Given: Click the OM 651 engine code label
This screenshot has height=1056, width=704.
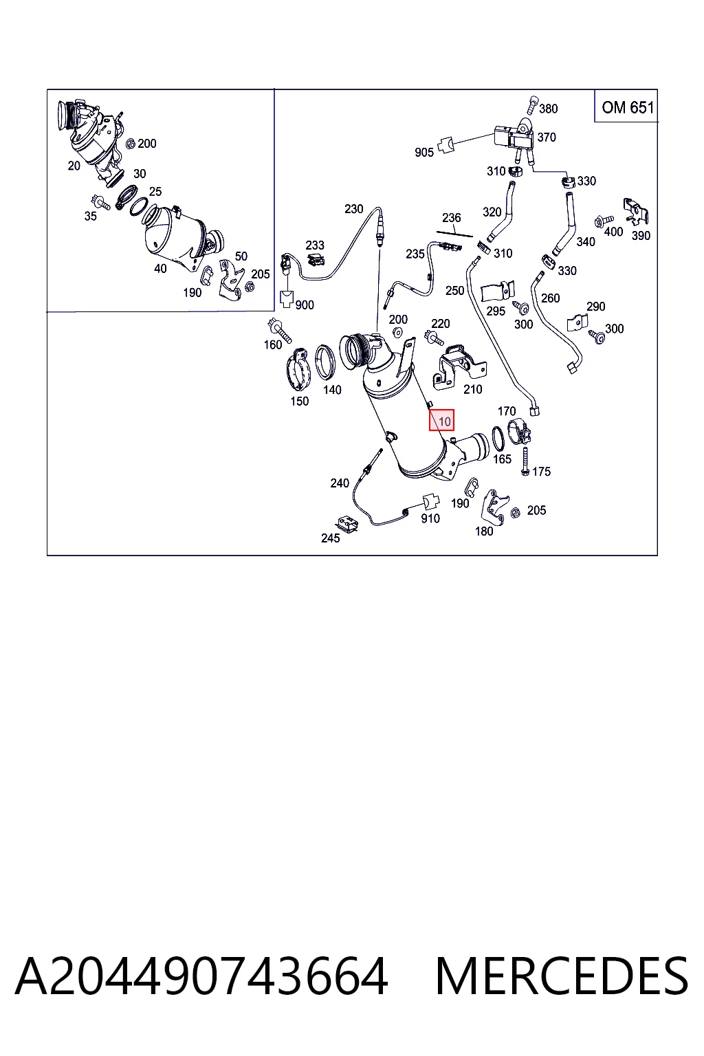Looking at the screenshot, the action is [627, 107].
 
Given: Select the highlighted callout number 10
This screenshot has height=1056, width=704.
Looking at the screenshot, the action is [444, 421].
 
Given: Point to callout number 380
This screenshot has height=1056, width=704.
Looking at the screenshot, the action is [549, 109].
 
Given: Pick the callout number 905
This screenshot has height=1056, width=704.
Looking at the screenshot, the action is [424, 152].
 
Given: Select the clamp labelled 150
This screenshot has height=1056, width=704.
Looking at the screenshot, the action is [298, 370].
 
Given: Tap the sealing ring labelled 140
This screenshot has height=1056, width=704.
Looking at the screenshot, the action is [325, 362].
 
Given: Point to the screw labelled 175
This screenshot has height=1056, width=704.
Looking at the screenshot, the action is [525, 461].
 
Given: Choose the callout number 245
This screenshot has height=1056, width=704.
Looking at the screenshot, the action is [330, 538].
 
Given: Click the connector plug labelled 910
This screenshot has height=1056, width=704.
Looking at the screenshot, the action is [430, 501].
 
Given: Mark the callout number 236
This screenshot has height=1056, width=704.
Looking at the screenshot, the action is [451, 218].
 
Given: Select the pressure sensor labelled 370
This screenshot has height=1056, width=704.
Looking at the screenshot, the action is [515, 135].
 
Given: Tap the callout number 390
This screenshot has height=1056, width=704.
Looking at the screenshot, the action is [641, 236].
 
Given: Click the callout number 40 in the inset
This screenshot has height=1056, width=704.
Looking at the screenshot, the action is [160, 269].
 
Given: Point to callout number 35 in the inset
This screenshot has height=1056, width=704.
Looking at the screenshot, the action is [90, 217].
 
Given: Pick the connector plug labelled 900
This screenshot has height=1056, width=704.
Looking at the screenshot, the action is [286, 299].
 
